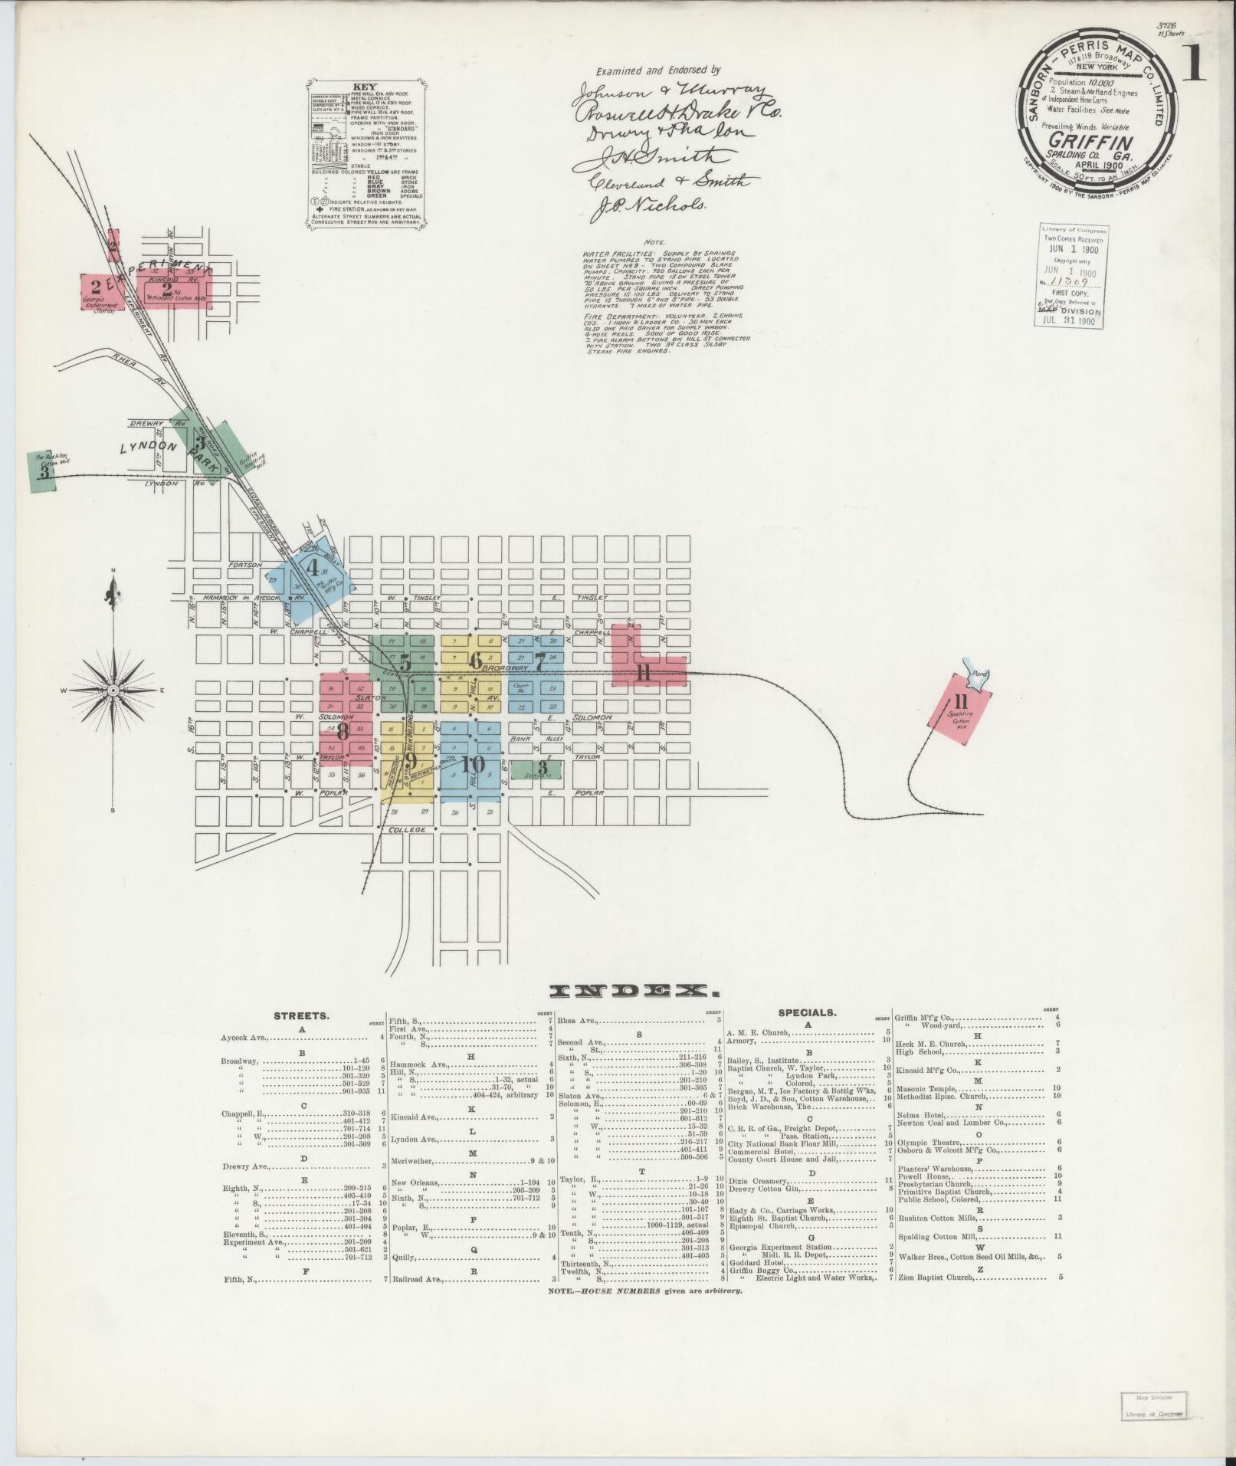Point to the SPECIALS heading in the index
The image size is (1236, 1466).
point(807,1012)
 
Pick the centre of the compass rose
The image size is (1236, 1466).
point(113,690)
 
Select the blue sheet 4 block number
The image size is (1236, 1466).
point(312,568)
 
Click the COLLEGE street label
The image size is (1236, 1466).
point(406,830)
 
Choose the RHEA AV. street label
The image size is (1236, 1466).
point(124,363)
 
